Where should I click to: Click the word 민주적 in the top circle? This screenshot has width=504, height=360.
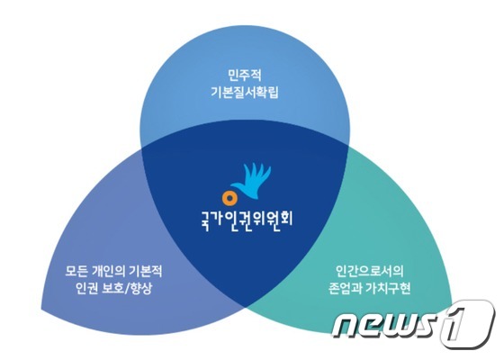[245, 76]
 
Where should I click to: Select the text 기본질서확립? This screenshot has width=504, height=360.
[245, 93]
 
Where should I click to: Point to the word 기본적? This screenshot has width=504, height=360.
[146, 271]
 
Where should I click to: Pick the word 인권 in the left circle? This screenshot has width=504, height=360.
[86, 288]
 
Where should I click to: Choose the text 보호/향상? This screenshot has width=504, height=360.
[126, 288]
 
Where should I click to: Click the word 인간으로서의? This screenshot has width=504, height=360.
[370, 271]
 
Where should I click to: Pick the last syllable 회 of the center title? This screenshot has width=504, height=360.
[287, 220]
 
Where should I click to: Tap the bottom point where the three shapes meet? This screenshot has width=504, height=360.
[246, 308]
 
